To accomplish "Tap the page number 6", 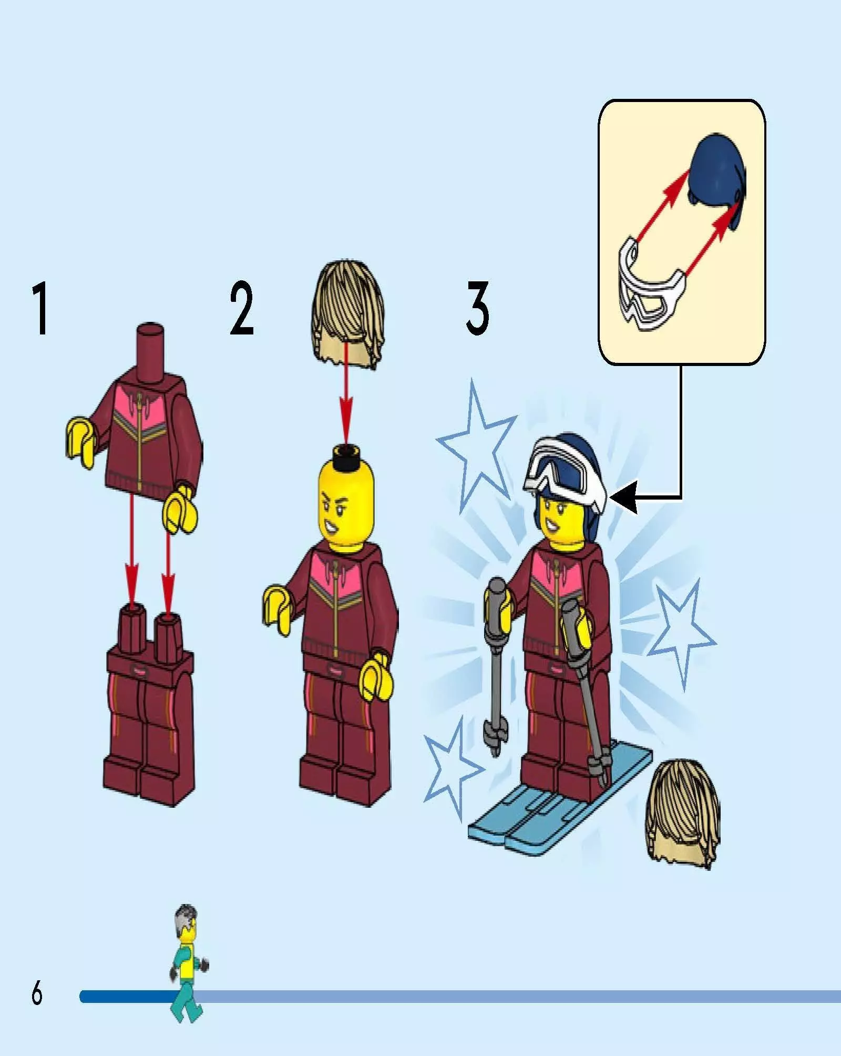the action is [x=37, y=993].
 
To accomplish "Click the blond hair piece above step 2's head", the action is [x=347, y=313].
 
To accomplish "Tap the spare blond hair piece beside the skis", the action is [x=682, y=813].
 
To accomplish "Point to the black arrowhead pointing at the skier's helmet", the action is [x=624, y=497].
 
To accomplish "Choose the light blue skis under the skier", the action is [x=560, y=794].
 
